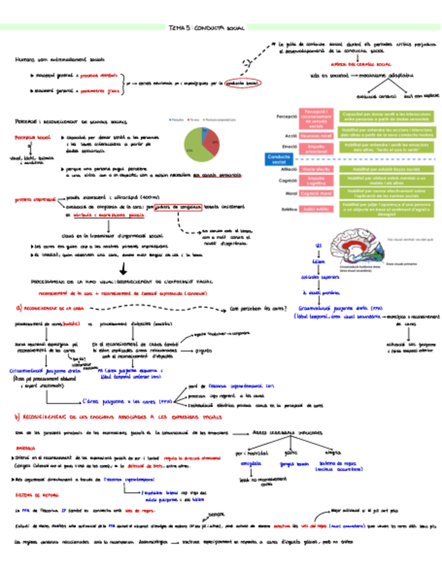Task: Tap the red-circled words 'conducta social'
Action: click(x=243, y=83)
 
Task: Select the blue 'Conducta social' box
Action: click(x=276, y=159)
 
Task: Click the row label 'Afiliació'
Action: click(x=288, y=168)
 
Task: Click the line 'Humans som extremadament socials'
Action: click(x=59, y=59)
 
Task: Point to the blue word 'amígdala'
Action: click(x=254, y=463)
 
